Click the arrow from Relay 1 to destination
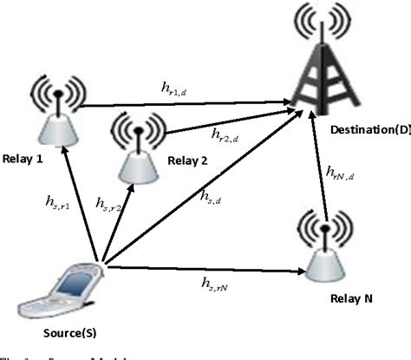[x=182, y=105]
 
